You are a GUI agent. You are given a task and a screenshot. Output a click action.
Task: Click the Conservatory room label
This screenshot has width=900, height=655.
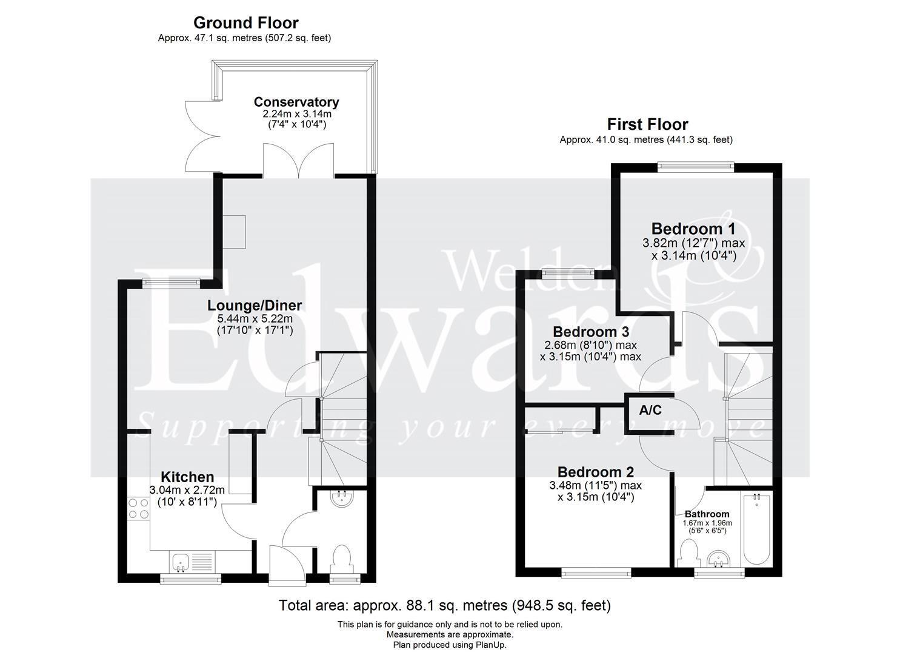coord(296,102)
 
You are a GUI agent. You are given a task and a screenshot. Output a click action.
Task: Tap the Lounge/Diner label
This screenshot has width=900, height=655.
coord(255,306)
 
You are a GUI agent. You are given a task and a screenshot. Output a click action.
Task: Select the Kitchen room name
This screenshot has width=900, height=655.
coord(187,477)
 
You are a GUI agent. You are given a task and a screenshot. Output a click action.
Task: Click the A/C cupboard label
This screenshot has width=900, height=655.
coord(650,410)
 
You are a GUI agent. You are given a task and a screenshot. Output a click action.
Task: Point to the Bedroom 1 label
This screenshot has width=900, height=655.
coord(693,229)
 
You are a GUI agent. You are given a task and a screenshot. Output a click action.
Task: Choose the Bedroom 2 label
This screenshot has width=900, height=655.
coord(596,472)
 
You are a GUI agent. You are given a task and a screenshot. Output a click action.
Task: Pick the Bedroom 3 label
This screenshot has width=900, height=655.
coord(591,332)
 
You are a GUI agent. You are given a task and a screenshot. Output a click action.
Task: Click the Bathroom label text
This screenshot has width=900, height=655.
coord(707,514)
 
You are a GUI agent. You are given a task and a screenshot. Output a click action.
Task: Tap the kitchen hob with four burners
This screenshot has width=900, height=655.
coord(139,509)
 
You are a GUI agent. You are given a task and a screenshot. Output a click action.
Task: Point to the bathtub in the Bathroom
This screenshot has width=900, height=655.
coord(756,529)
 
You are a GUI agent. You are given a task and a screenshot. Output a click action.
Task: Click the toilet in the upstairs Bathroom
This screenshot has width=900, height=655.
coord(688,553)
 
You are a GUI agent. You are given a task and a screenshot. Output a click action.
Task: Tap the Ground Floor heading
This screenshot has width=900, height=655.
coord(246,23)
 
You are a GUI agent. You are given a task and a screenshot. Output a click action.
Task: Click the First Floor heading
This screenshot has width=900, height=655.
coord(647,124)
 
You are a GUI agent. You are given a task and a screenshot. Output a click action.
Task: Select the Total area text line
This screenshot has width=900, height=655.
coord(445,605)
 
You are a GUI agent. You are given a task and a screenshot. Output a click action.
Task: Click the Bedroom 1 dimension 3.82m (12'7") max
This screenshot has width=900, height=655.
coord(693,243)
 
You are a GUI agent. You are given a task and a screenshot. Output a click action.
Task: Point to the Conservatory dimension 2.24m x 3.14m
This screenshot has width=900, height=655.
coord(297,114)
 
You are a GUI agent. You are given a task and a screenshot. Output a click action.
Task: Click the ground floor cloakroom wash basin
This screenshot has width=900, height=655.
coord(342,499)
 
